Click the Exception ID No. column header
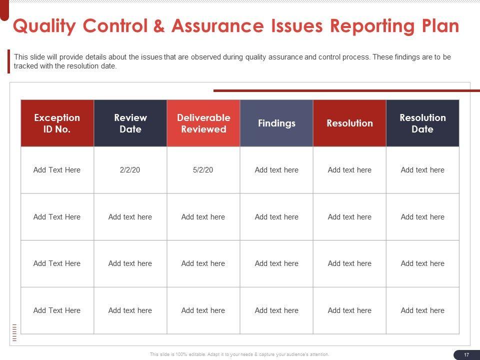(x=57, y=123)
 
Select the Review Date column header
(x=130, y=123)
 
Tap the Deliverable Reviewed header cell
(x=203, y=123)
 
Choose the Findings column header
(x=276, y=123)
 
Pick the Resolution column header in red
(x=349, y=123)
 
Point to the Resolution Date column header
(x=422, y=123)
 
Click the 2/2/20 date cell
(x=130, y=170)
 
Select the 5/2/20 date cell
(x=203, y=170)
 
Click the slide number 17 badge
(x=466, y=354)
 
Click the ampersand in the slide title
(x=159, y=26)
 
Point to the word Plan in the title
(x=440, y=26)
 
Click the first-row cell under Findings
(x=276, y=170)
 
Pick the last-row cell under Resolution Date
(x=422, y=310)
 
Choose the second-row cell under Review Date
(x=130, y=217)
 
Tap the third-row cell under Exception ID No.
(x=57, y=263)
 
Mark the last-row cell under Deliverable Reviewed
(x=203, y=310)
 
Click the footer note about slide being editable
(x=240, y=354)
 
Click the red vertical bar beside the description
(x=8, y=61)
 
